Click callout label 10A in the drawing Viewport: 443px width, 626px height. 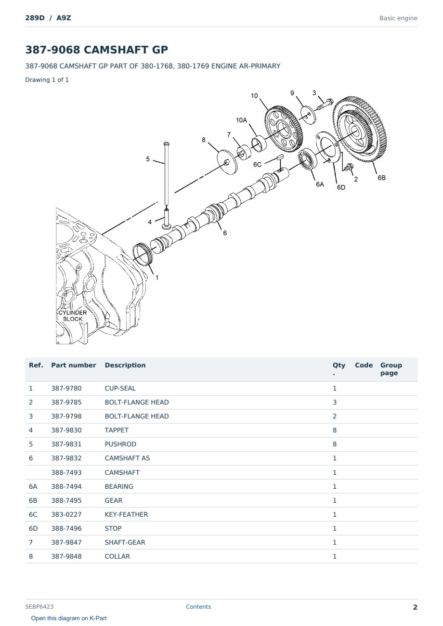click(x=241, y=120)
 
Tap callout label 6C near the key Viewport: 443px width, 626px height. click(x=257, y=164)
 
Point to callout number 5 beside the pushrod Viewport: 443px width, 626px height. click(x=148, y=159)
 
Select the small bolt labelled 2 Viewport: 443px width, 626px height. click(x=348, y=168)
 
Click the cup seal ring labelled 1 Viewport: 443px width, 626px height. click(x=143, y=255)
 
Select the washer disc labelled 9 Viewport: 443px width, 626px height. click(x=308, y=115)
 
